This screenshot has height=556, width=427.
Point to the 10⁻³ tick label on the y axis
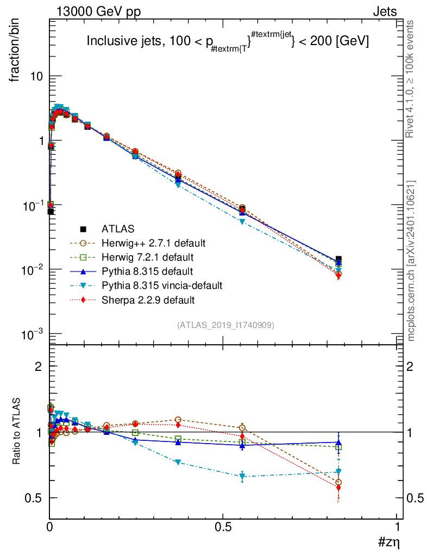tap(33, 334)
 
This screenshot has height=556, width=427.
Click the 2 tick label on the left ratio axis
tap(39, 367)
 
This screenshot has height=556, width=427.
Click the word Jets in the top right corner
tap(384, 12)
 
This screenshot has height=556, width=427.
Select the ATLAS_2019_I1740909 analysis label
tap(225, 325)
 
